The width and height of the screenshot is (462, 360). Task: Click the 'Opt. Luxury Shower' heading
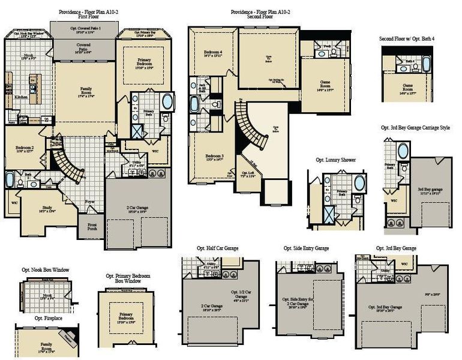point(335,161)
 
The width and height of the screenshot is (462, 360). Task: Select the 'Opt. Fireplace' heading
point(48,318)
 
